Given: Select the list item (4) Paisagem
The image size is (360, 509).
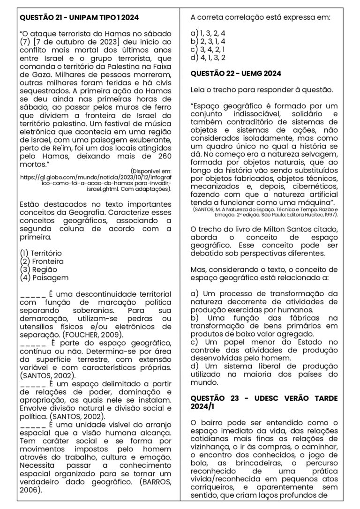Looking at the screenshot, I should [x=42, y=278].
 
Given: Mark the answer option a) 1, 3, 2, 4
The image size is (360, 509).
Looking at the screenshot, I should [x=208, y=33].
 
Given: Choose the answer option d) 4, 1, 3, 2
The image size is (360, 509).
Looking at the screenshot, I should [x=208, y=58].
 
